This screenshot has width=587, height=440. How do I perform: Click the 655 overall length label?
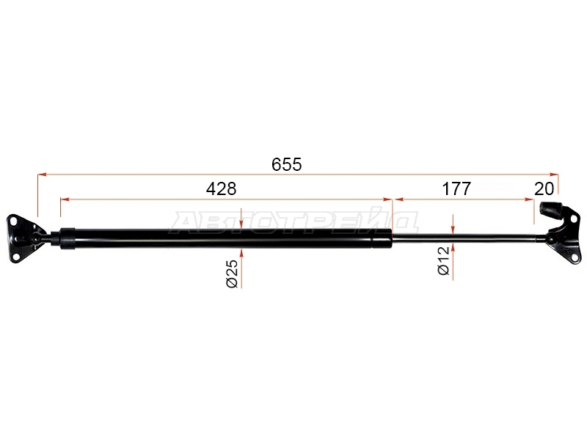click(286, 164)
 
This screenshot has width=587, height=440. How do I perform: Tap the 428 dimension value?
click(222, 189)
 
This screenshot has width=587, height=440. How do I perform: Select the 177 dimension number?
click(456, 189)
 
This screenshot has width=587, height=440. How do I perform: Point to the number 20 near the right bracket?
click(544, 189)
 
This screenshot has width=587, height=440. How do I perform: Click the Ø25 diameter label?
click(233, 274)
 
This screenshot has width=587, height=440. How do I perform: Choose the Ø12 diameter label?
click(444, 261)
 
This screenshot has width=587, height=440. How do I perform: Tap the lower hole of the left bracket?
click(16, 256)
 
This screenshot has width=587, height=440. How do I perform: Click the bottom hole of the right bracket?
click(573, 257)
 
